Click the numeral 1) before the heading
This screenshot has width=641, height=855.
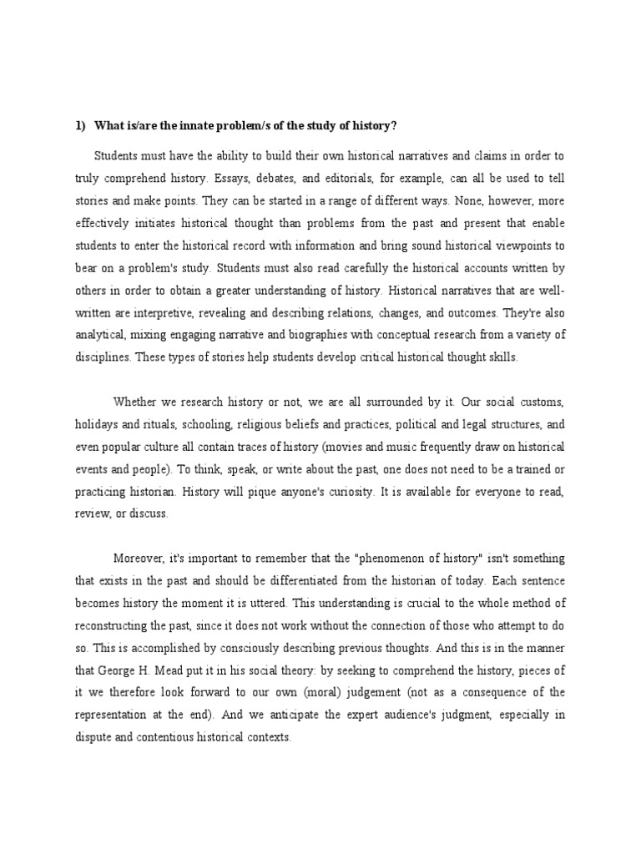pos(80,125)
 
